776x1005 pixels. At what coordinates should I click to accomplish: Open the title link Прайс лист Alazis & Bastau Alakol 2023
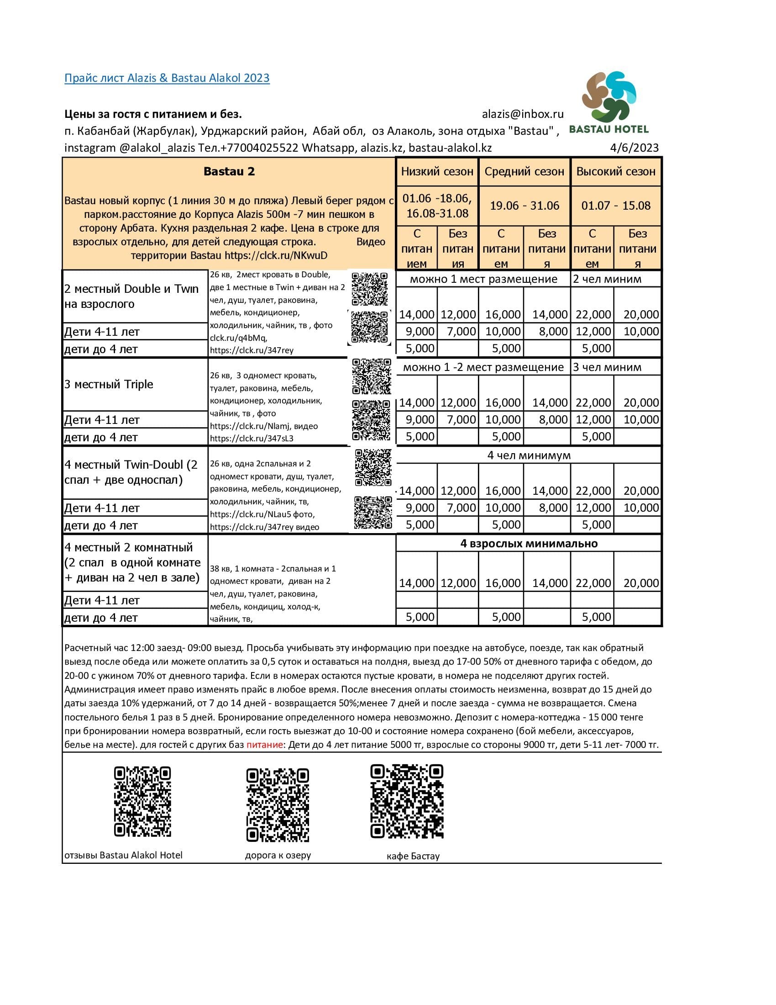tap(167, 78)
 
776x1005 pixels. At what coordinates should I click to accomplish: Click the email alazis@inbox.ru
tap(522, 114)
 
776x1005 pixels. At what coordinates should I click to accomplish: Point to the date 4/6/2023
tap(634, 148)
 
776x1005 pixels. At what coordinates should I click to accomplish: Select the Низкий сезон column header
tap(437, 172)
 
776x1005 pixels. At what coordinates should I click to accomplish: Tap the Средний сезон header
tap(524, 172)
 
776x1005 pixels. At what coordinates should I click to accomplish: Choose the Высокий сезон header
tap(616, 172)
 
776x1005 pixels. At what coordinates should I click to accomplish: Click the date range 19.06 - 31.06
tap(524, 205)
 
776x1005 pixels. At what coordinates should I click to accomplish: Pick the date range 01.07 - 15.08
tap(616, 205)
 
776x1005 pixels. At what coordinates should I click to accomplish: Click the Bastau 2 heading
tap(229, 172)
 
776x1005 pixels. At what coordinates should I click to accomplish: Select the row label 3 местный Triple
tap(109, 384)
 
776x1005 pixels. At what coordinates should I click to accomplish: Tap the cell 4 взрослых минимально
tap(529, 544)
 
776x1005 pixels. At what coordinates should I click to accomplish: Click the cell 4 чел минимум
tap(529, 455)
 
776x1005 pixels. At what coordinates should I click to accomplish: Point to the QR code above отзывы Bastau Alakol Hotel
tap(142, 802)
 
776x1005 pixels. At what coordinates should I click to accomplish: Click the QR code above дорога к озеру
tap(278, 805)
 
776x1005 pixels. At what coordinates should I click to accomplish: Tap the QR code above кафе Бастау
tap(407, 801)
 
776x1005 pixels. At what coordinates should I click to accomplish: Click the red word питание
tap(264, 745)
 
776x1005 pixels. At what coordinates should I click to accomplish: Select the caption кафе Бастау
tap(413, 857)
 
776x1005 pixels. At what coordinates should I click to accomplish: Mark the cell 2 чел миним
tap(607, 279)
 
